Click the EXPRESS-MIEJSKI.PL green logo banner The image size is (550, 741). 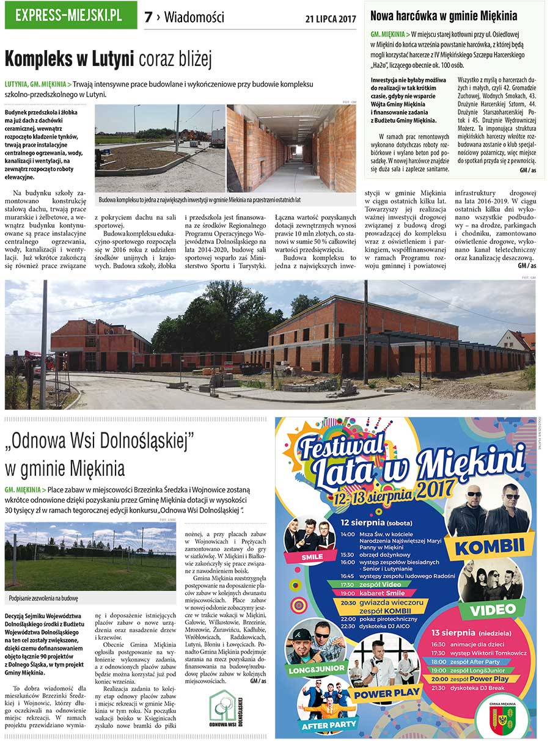pyautogui.click(x=70, y=15)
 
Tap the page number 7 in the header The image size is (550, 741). pyautogui.click(x=148, y=17)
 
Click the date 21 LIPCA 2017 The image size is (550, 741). pyautogui.click(x=330, y=19)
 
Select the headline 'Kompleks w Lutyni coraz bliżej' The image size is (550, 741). pyautogui.click(x=108, y=59)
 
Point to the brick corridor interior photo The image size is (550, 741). pyautogui.click(x=291, y=148)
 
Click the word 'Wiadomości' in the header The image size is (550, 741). pyautogui.click(x=194, y=17)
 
